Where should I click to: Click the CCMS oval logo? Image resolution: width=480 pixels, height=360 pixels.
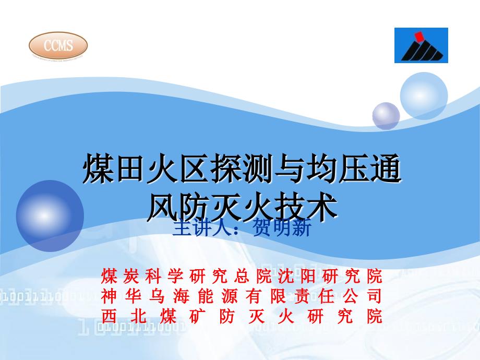[58, 45]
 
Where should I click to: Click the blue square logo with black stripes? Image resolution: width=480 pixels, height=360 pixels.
[421, 45]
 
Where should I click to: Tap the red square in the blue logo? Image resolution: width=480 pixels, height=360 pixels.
[418, 36]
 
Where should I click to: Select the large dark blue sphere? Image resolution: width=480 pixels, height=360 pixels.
[50, 216]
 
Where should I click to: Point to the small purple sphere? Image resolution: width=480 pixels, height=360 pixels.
[386, 116]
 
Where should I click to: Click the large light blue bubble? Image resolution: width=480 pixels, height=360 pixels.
[424, 96]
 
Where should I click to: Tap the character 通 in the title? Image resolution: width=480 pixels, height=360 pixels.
[385, 169]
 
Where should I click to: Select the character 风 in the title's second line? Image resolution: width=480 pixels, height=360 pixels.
[163, 207]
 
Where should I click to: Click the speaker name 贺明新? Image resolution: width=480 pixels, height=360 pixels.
[282, 228]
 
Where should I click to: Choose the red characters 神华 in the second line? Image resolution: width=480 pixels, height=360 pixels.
[121, 296]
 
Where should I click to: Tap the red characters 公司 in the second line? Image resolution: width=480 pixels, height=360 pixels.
[363, 296]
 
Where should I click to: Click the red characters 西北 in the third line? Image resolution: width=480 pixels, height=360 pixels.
[124, 316]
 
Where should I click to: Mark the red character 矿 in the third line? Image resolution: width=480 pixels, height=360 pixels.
[197, 316]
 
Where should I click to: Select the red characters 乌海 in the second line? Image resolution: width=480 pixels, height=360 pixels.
[169, 296]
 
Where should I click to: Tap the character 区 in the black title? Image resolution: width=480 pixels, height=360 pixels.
[195, 169]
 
